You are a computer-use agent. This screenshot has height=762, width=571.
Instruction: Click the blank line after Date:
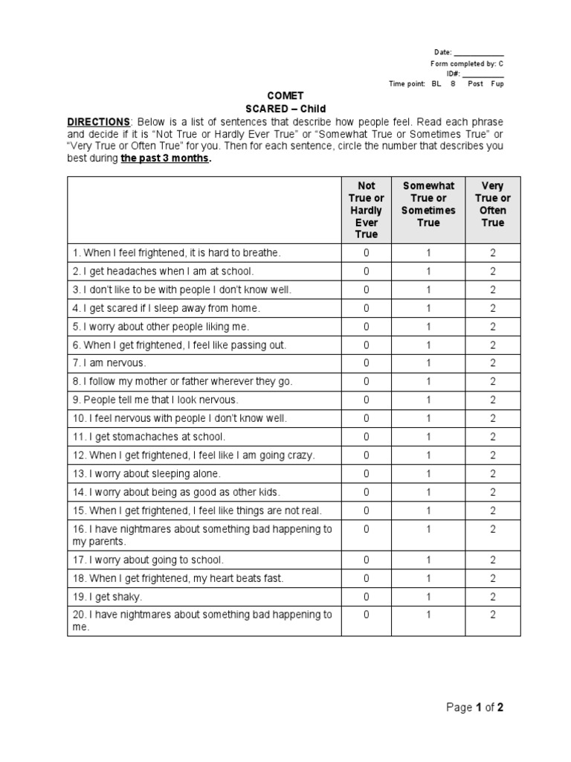478,54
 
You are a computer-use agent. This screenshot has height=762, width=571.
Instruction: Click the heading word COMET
285,96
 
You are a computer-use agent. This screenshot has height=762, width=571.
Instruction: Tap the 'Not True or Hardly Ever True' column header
366,210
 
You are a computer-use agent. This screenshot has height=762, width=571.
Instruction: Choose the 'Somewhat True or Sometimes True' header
428,204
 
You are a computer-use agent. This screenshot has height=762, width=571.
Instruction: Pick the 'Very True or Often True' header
492,204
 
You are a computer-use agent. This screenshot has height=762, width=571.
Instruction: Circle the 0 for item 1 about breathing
366,253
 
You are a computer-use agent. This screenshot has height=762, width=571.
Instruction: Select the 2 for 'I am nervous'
492,363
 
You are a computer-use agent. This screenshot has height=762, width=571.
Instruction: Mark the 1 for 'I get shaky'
428,597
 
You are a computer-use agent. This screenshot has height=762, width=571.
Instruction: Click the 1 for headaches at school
428,272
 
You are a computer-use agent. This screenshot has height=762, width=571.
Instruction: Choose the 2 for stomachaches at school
492,437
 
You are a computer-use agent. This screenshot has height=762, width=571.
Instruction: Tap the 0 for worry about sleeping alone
366,473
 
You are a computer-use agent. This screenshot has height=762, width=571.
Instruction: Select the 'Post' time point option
475,84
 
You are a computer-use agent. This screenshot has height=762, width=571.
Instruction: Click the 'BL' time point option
436,84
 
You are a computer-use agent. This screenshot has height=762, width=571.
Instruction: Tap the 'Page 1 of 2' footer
474,708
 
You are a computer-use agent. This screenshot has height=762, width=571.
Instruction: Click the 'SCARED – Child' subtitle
285,109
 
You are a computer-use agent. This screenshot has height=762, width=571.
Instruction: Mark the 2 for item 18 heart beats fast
492,578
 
